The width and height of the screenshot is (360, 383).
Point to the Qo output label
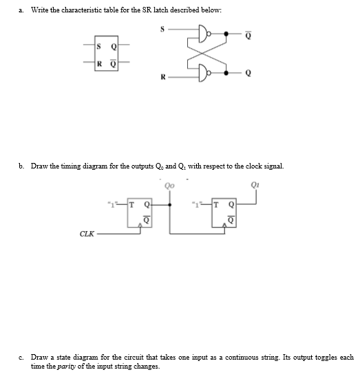(170, 184)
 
